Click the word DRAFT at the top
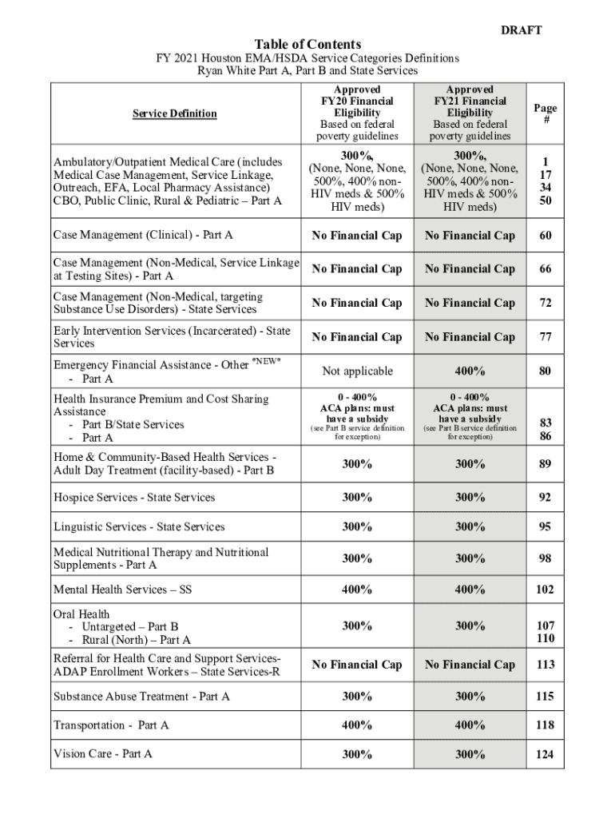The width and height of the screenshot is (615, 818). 521,30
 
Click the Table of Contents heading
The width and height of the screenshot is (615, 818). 307,44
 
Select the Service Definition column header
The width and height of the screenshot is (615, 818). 174,113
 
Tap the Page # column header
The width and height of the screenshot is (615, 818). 546,113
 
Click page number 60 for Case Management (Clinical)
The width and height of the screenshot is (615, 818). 546,236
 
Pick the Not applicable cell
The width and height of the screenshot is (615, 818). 357,371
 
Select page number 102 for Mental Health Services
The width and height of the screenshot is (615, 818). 546,590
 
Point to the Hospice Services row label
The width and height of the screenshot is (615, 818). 134,498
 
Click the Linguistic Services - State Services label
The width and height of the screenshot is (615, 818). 139,527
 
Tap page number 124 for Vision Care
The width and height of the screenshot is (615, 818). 546,754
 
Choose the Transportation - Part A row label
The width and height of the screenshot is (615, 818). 111,725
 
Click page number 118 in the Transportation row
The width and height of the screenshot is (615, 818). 546,725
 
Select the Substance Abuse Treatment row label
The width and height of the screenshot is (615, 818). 141,697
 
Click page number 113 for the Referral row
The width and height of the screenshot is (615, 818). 546,665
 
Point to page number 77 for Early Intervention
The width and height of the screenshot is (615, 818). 546,337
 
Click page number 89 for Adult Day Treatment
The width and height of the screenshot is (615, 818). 546,463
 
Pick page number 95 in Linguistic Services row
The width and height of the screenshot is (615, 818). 546,527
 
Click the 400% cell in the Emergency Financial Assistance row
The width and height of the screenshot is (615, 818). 470,371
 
